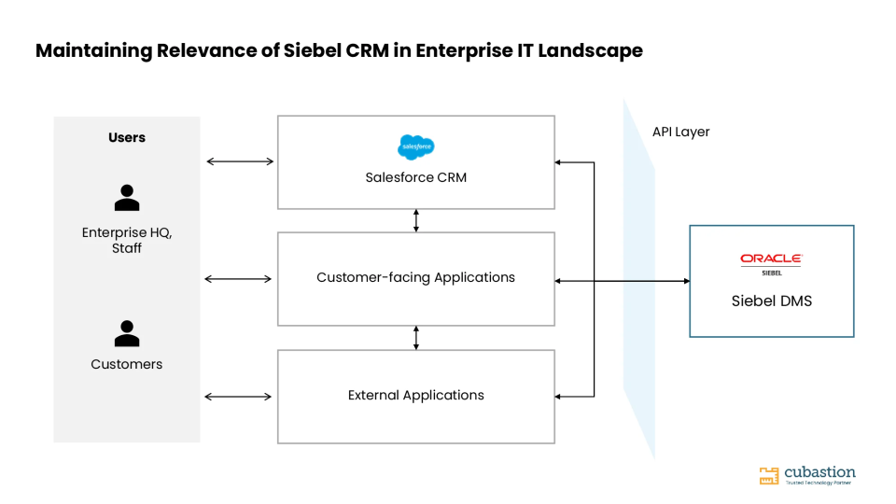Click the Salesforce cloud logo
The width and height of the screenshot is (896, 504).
(x=416, y=147)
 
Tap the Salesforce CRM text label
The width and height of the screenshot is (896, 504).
(x=416, y=177)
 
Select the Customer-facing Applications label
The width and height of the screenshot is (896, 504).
(x=416, y=278)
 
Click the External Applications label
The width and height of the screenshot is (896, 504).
(x=416, y=396)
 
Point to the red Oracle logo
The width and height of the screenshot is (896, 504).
(x=772, y=259)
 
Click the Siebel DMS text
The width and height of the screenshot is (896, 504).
(x=772, y=301)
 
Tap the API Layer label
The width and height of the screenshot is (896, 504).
(x=681, y=132)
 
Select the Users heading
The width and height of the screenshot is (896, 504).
(x=127, y=138)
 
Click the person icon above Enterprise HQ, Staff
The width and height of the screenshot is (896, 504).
(x=127, y=198)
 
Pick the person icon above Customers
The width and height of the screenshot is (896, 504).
(x=127, y=333)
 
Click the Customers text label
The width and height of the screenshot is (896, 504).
(x=127, y=365)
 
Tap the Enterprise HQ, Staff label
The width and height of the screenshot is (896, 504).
(x=127, y=241)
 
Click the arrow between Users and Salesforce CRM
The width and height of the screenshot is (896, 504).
(x=240, y=161)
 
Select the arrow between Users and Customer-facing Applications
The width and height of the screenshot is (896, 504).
(x=238, y=279)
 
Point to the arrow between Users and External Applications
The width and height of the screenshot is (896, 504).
(x=238, y=397)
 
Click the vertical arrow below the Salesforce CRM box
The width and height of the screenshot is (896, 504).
(x=416, y=220)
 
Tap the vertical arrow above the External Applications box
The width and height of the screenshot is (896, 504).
(x=416, y=338)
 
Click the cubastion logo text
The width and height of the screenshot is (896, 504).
(x=820, y=472)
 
